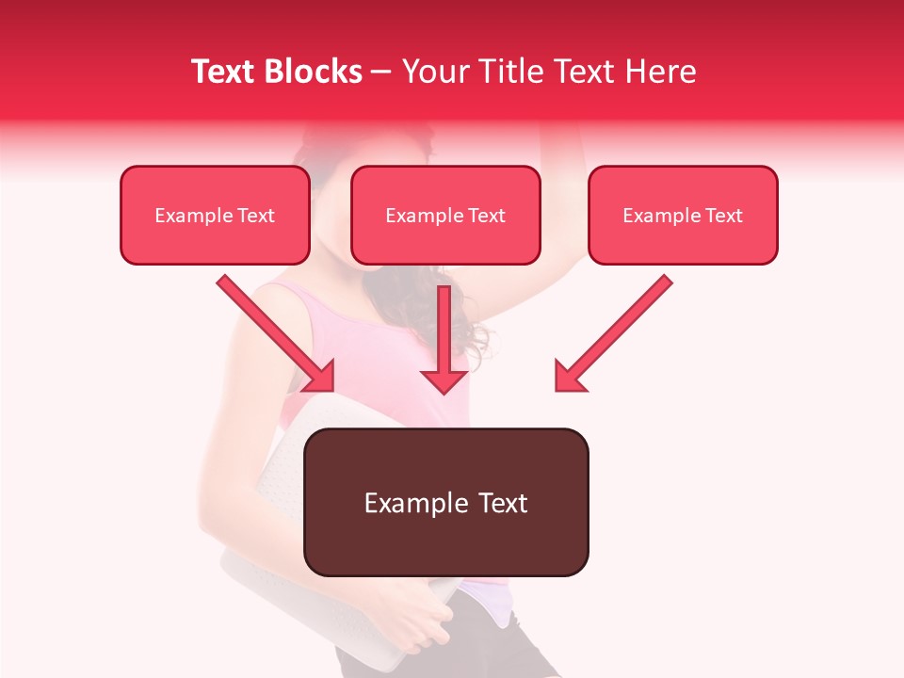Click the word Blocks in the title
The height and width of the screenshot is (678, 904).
pos(315,72)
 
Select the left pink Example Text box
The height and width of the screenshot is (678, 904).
pos(215,216)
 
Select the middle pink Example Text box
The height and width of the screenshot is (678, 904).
pos(445,216)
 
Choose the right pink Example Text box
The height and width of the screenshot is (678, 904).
pos(683,216)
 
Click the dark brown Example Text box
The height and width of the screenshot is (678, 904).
pos(445,502)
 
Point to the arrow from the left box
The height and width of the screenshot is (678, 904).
pos(273,331)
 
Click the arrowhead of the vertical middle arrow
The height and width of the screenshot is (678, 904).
pos(444,379)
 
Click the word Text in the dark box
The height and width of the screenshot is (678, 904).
pos(503,503)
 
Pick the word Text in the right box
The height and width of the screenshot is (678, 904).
pos(723,216)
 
